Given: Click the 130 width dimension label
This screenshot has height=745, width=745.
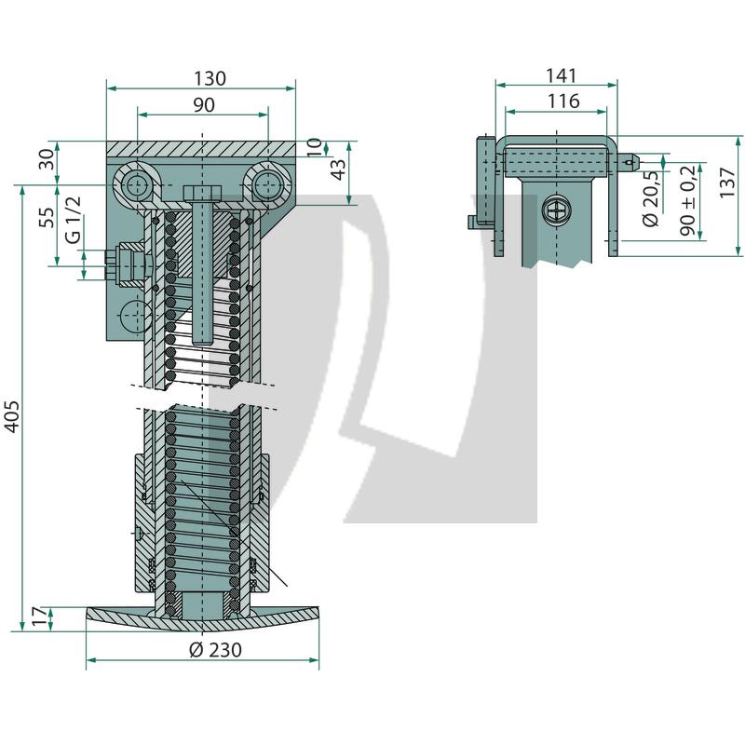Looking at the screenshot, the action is coord(210,79).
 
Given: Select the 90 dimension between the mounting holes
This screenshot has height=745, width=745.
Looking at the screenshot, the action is coord(204,105).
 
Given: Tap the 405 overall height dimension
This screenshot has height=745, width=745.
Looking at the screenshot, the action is coord(12,416).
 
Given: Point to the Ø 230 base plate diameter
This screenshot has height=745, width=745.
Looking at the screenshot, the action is coord(215,649).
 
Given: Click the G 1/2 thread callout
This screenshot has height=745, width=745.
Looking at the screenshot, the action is coord(74,220).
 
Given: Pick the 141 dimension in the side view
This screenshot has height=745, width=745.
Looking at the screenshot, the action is coord(561,75).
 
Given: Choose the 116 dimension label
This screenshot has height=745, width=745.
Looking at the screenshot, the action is coord(563,102).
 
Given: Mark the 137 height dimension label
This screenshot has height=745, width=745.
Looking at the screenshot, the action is coord(727,182).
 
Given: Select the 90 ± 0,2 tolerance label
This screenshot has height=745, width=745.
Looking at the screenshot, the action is coord(687,200).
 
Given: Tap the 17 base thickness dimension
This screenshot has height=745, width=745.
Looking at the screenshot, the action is coord(41,617).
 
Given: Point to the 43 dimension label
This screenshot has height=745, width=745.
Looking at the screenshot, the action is coord(338,169).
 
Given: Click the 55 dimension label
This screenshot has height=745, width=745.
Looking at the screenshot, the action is coord(47,217).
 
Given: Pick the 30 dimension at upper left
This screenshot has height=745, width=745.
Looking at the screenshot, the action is coord(47,158).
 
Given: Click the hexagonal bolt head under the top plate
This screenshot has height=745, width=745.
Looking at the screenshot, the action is coord(202,194).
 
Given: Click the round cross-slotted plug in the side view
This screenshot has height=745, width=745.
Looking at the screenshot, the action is coord(555,210).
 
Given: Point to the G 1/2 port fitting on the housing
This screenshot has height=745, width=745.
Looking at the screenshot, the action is coord(125,266).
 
